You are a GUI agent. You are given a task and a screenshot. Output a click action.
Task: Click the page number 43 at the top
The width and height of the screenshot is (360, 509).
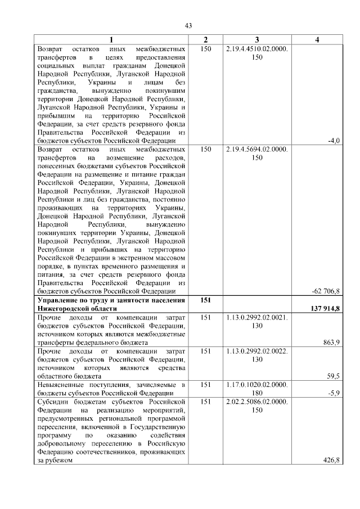[188, 25]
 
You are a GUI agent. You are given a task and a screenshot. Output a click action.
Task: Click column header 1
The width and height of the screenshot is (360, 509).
[111, 39]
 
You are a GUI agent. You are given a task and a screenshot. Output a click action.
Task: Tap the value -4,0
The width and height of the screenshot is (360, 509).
[334, 140]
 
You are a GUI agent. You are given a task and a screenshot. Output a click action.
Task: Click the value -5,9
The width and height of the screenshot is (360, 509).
[334, 393]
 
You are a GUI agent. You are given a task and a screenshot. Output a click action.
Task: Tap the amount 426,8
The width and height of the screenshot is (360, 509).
[332, 460]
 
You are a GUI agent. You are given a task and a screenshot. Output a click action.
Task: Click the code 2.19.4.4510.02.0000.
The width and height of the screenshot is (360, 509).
[256, 49]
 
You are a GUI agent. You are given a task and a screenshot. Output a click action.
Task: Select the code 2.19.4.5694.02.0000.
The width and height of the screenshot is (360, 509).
[256, 149]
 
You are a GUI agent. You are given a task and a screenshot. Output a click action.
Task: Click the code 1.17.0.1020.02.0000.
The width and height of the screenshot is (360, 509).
[256, 385]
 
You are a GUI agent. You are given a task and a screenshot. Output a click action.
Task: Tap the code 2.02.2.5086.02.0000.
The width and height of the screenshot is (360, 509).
[256, 402]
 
